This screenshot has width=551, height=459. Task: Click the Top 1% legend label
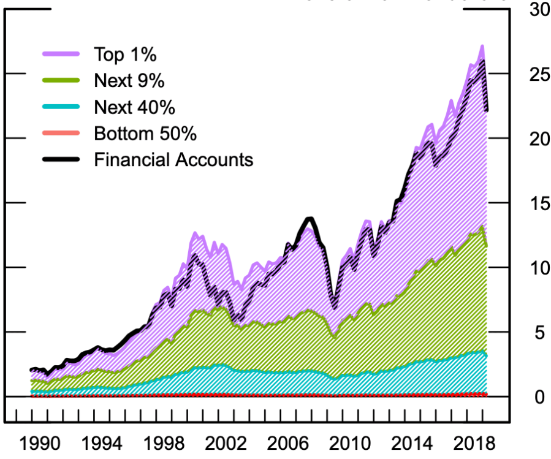pos(125,54)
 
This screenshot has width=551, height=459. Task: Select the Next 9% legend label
pos(129,80)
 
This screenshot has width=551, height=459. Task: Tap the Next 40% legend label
pos(134,107)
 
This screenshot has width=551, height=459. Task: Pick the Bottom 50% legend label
pos(145,133)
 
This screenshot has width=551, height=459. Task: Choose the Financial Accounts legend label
pos(173,159)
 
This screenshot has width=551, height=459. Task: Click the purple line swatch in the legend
pos(61,54)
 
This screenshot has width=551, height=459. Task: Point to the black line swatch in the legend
pos(61,159)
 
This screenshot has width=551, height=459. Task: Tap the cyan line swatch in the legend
pos(61,107)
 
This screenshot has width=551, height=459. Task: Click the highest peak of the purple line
pos(482,46)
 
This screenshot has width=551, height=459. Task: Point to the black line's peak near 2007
pos(310,219)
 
